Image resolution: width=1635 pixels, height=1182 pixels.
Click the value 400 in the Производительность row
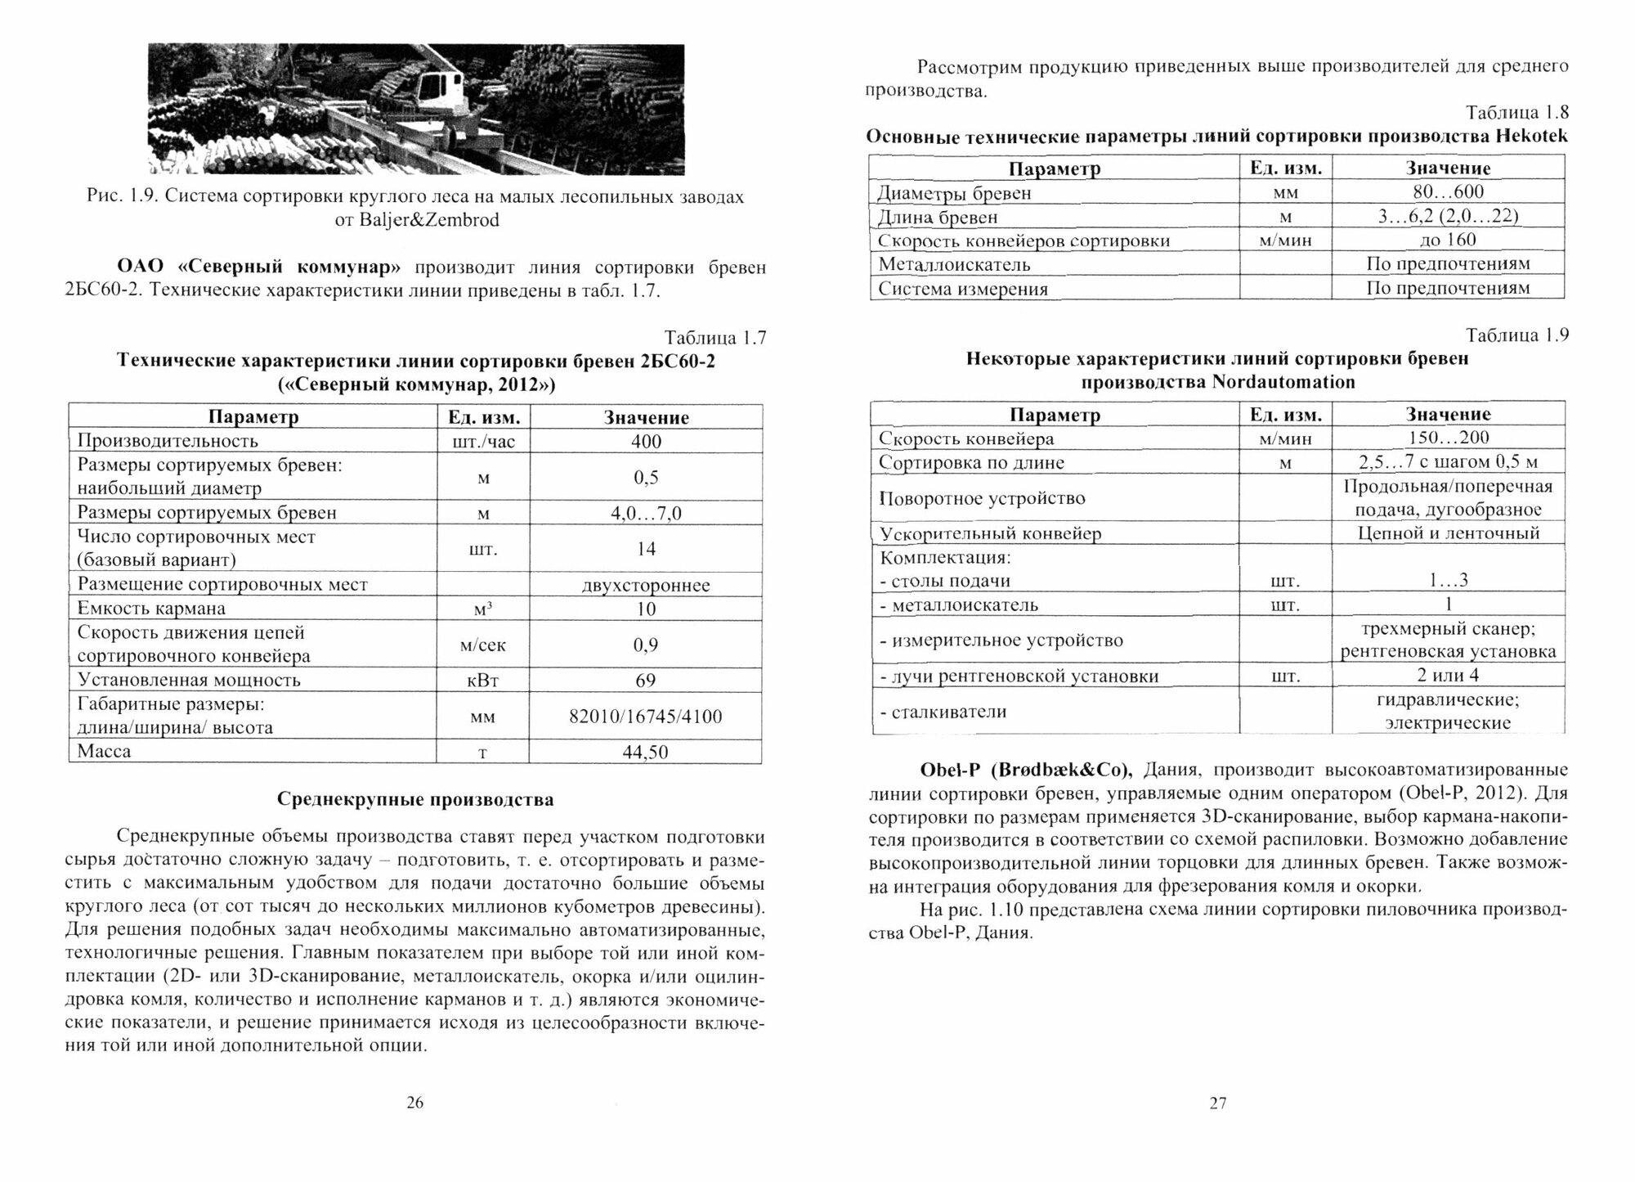(x=646, y=442)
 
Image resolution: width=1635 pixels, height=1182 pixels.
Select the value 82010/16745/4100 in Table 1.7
(x=646, y=717)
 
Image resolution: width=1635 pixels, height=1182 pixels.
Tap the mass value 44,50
(x=646, y=752)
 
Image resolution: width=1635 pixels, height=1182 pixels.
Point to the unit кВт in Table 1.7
(x=483, y=681)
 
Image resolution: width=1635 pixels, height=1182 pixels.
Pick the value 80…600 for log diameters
(x=1448, y=192)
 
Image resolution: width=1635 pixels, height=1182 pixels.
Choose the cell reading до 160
(x=1448, y=240)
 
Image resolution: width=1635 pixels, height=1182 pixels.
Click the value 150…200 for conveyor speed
(x=1448, y=438)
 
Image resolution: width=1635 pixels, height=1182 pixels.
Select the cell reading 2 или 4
(x=1448, y=676)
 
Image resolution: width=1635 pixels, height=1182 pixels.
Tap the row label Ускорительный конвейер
(x=990, y=534)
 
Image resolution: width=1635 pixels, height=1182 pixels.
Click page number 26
(x=415, y=1103)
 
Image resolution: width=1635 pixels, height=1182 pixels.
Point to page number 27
(x=1218, y=1103)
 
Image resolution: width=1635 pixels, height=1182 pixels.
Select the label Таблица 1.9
(x=1517, y=335)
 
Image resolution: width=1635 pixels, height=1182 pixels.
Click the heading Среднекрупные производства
(x=415, y=800)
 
